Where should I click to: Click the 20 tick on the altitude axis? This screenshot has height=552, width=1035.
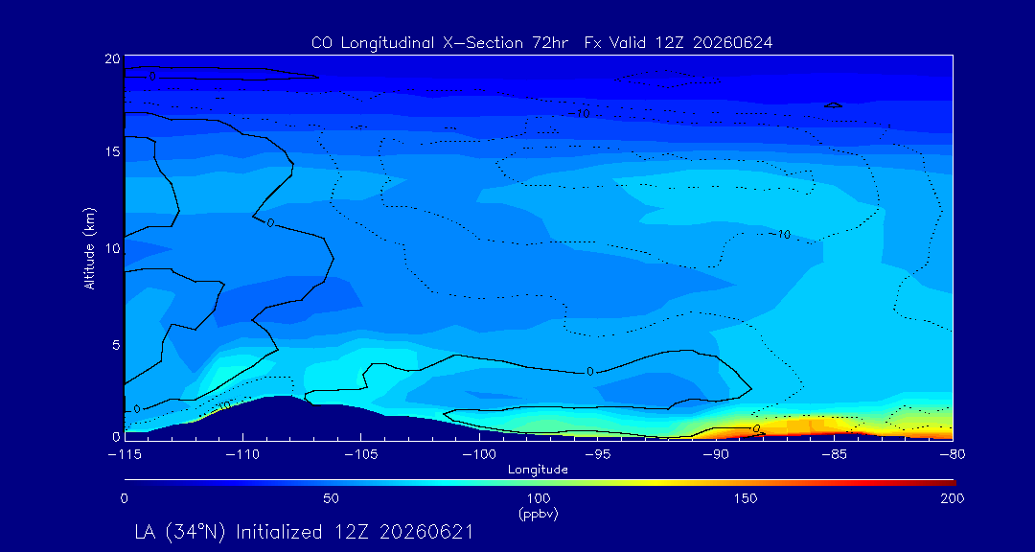[x=112, y=58]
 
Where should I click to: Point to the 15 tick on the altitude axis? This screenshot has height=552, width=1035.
[x=112, y=151]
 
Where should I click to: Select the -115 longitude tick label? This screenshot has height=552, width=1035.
[x=124, y=455]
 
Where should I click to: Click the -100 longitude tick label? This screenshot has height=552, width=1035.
[x=479, y=455]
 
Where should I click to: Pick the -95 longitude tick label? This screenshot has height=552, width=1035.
[x=598, y=455]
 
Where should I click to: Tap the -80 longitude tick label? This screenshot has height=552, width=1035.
[x=954, y=455]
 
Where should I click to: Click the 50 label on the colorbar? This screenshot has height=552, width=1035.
[x=332, y=498]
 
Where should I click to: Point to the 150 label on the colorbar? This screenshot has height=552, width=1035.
[x=746, y=498]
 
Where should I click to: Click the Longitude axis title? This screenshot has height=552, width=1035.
[x=538, y=471]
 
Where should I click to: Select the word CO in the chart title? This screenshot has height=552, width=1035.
[x=319, y=43]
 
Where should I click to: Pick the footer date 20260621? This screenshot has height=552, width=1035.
[x=424, y=532]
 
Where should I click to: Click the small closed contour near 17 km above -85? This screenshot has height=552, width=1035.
[x=834, y=105]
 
